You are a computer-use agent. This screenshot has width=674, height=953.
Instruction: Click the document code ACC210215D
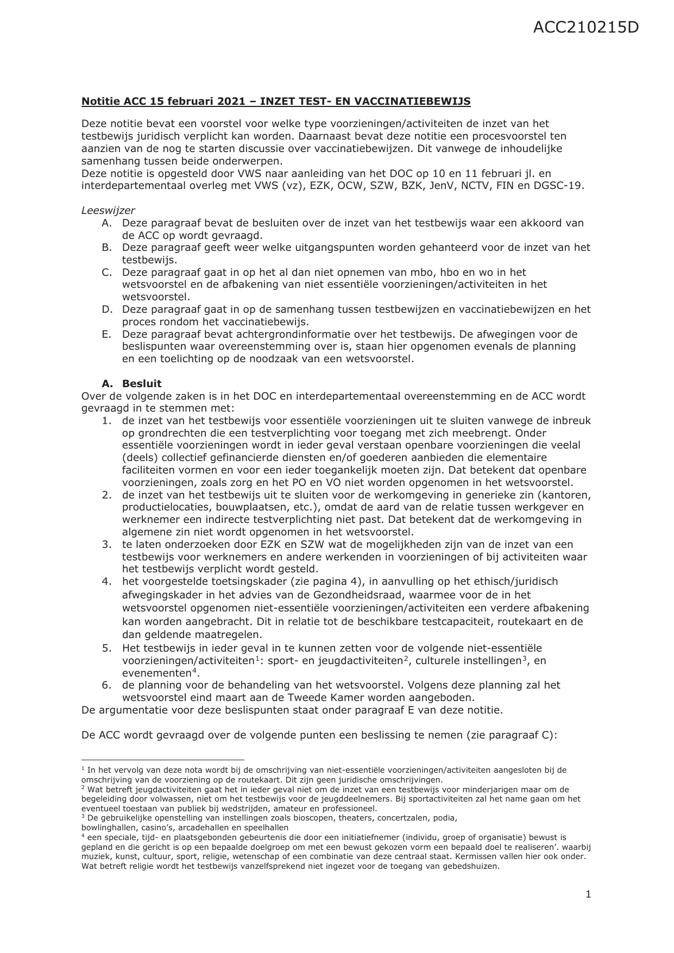[x=585, y=28]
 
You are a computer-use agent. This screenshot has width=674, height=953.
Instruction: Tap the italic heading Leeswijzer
[x=108, y=210]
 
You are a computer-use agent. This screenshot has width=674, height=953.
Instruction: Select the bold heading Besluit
[x=142, y=383]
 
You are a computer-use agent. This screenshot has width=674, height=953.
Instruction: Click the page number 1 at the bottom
[x=588, y=894]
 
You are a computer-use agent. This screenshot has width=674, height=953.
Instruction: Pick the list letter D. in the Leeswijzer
[x=106, y=309]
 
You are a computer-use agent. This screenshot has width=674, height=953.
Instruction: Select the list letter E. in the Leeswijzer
[x=106, y=334]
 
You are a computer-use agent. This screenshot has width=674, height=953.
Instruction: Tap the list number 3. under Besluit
[x=106, y=544]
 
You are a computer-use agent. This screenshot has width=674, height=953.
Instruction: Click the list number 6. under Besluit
[x=106, y=685]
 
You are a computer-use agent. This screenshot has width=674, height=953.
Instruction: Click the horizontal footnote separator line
[x=163, y=760]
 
